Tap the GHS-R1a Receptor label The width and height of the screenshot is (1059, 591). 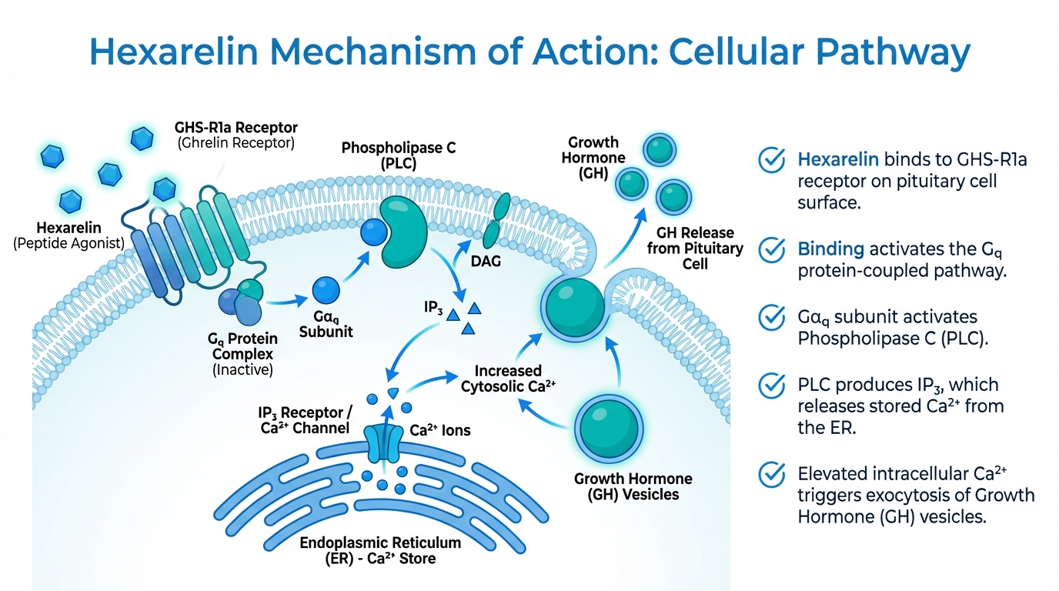pos(236,127)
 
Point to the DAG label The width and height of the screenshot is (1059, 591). pos(485,262)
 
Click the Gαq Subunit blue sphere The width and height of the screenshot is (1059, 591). pos(325,290)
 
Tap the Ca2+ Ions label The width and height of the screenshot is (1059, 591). pos(439,431)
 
